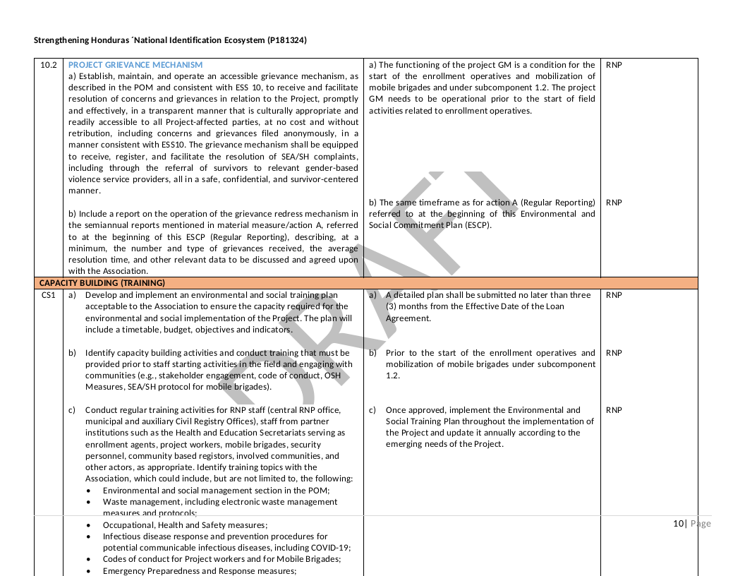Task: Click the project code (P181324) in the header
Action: [x=287, y=40]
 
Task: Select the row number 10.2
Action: [x=49, y=65]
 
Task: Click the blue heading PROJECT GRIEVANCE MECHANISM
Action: [x=135, y=65]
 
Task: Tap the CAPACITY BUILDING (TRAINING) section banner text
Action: [x=102, y=283]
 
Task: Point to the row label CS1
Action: [x=48, y=295]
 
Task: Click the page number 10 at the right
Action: [x=678, y=524]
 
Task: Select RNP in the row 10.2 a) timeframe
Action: [x=614, y=65]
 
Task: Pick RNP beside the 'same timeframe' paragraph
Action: [x=614, y=203]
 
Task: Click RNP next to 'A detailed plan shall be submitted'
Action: [x=614, y=295]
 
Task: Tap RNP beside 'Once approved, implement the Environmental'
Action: [x=614, y=410]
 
